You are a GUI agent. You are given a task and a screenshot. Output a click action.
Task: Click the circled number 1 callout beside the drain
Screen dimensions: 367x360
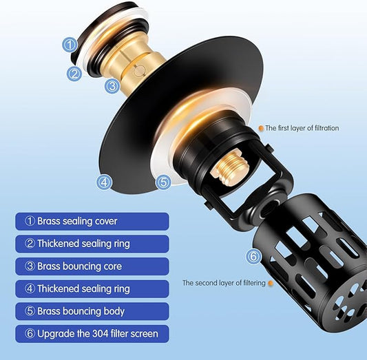70,45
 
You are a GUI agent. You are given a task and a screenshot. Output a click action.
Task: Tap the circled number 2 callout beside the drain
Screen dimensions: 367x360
74,74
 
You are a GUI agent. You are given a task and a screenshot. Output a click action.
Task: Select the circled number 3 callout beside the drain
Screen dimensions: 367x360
112,86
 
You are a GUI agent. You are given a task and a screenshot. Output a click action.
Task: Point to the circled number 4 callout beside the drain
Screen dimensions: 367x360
105,182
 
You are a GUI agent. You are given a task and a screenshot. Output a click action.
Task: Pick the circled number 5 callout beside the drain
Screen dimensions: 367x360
163,182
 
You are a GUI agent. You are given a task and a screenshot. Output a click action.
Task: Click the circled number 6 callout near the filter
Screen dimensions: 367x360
253,256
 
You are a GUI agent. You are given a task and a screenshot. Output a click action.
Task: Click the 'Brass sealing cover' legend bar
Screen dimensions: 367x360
92,221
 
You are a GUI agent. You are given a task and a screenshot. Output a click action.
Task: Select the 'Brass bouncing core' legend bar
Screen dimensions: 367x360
92,266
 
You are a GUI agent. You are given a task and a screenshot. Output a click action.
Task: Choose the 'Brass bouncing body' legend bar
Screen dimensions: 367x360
92,311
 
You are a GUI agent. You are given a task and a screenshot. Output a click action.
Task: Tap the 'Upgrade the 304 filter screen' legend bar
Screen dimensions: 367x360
92,334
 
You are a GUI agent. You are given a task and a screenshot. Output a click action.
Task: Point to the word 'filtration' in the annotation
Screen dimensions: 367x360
327,128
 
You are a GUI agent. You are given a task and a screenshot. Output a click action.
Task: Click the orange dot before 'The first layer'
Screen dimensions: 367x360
261,128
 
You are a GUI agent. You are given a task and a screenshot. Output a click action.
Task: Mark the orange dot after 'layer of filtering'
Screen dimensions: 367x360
271,284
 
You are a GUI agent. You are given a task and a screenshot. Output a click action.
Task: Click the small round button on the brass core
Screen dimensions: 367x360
140,71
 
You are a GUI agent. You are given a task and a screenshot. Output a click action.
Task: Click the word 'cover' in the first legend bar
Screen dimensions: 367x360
106,221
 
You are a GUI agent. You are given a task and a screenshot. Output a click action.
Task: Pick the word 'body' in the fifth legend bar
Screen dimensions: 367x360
114,312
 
